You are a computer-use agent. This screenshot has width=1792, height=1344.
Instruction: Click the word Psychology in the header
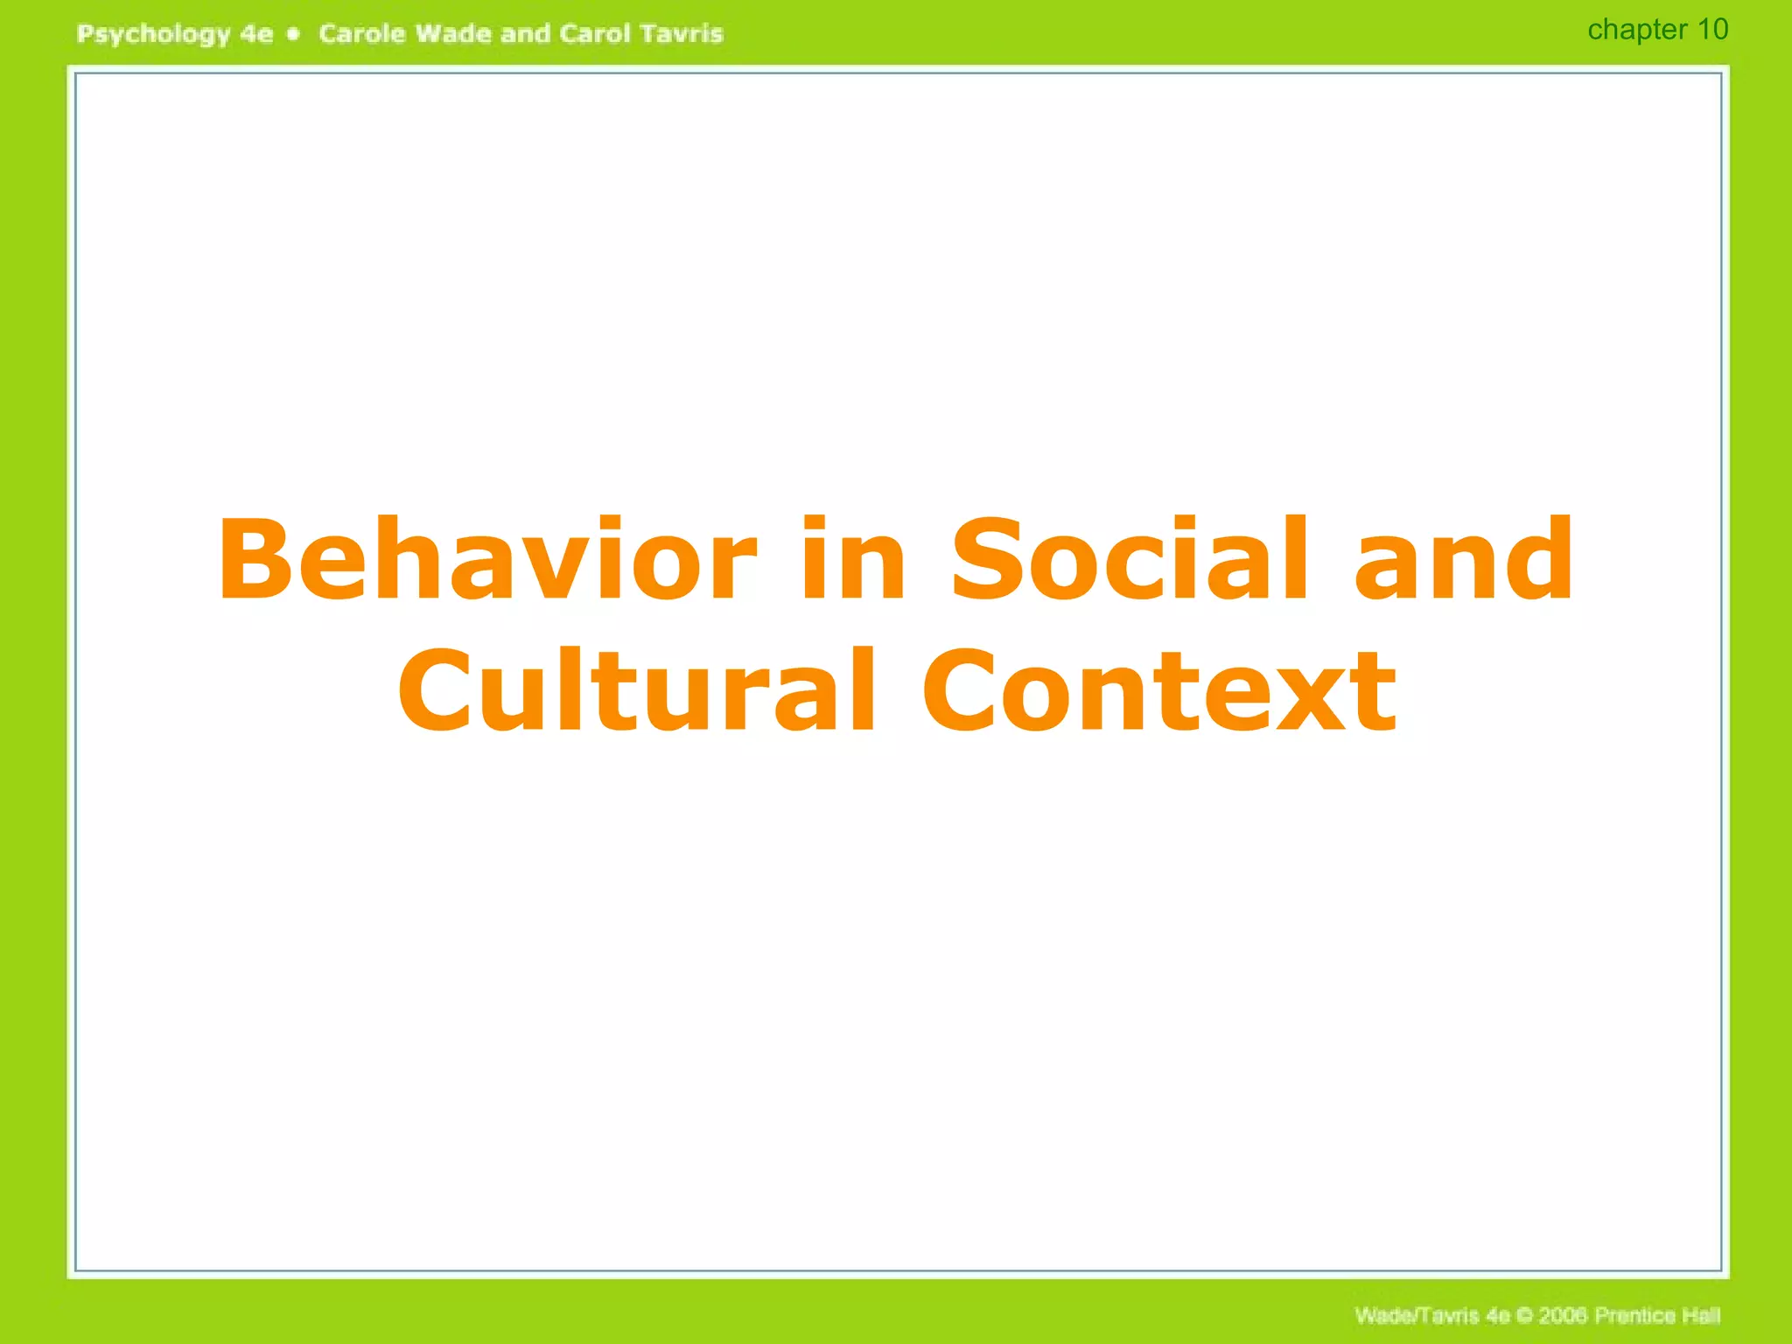pyautogui.click(x=153, y=35)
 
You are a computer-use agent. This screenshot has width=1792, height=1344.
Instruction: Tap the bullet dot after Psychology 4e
pyautogui.click(x=294, y=34)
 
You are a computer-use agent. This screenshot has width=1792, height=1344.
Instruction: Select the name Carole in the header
pyautogui.click(x=361, y=33)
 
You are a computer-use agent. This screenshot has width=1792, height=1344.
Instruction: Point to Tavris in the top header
pyautogui.click(x=681, y=33)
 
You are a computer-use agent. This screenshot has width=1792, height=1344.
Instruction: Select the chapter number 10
pyautogui.click(x=1712, y=29)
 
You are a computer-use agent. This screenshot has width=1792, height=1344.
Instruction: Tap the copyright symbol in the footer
pyautogui.click(x=1523, y=1316)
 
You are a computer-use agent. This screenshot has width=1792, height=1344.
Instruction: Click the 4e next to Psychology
pyautogui.click(x=256, y=34)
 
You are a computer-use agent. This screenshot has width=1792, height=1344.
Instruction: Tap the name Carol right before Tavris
pyautogui.click(x=594, y=33)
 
